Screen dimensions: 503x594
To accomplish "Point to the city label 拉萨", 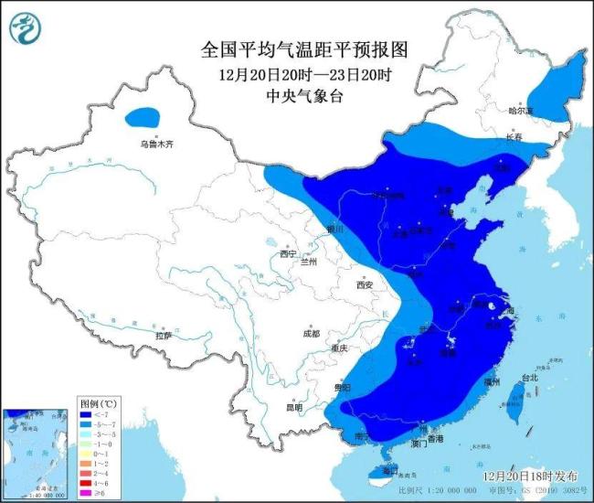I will click(x=163, y=336).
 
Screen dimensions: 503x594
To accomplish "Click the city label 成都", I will click(x=312, y=333).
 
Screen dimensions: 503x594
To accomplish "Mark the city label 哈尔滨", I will click(x=520, y=111).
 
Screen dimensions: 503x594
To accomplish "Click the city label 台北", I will click(x=529, y=376).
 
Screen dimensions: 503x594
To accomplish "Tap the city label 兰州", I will click(x=309, y=262).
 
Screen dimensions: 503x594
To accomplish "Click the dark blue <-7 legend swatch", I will click(x=85, y=414).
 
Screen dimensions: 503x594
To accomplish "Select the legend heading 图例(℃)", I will click(x=94, y=402).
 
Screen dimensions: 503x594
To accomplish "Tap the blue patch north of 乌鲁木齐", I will click(x=142, y=117).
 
